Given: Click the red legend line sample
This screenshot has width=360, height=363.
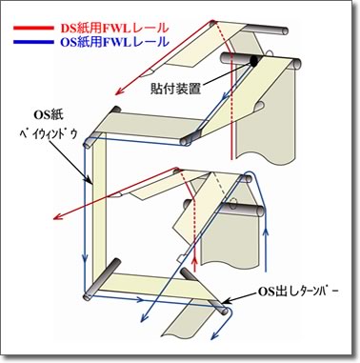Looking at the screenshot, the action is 33,28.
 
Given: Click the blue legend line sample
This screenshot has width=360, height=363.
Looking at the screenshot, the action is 33,42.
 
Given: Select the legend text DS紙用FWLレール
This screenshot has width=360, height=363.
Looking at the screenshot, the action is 114,28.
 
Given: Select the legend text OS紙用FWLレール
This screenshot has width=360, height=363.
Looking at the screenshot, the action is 114,42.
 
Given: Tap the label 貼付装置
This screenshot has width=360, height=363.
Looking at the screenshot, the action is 175,89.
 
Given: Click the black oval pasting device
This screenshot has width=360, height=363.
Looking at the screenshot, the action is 253,61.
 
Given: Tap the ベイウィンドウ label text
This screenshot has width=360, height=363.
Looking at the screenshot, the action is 48,134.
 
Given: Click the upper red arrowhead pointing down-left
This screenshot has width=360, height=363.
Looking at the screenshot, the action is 119,91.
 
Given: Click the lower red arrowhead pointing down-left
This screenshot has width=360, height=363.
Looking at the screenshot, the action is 57,216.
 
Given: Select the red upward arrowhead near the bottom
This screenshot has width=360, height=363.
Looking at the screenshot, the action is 195,260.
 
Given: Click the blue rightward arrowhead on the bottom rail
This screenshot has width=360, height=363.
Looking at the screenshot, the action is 140,299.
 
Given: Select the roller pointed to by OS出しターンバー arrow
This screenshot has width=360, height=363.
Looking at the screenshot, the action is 203,292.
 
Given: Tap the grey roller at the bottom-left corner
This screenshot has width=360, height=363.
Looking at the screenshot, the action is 101,279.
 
